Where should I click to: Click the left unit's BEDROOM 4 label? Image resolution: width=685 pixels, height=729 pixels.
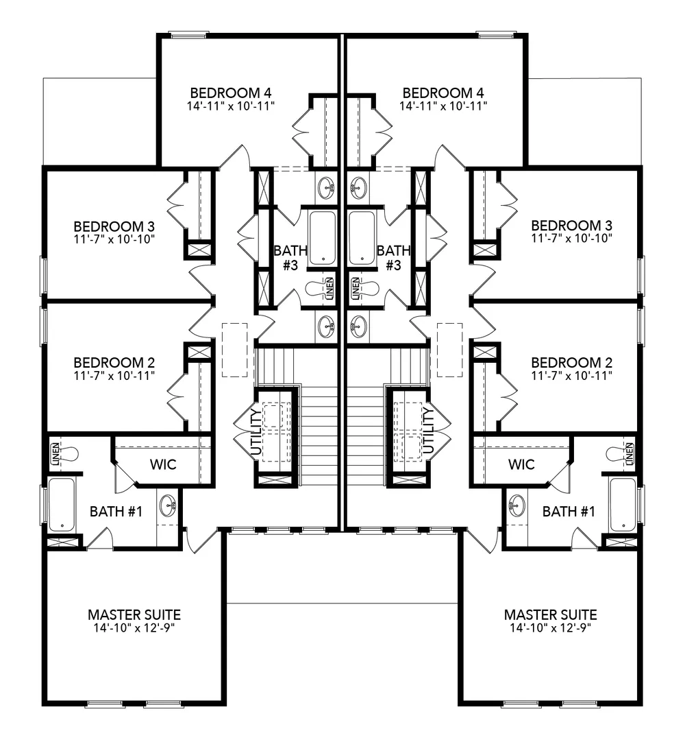coord(231,93)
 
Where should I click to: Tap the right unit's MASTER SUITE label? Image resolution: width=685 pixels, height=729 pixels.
coord(550,614)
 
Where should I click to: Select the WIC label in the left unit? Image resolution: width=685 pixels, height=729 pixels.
coord(163,464)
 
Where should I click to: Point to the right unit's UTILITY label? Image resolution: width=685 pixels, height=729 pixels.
coord(429,430)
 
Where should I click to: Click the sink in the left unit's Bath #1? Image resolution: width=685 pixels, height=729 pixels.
coord(168,505)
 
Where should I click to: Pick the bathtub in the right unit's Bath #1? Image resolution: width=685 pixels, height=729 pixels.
coord(622,504)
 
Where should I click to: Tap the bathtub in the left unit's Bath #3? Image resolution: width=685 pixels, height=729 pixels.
coord(323,238)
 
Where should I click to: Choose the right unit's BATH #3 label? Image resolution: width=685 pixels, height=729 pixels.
coord(393,258)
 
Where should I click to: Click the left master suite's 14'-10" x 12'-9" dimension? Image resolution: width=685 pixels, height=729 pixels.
coord(134,628)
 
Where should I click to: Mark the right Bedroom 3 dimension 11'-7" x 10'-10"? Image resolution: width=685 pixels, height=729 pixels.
coord(572,238)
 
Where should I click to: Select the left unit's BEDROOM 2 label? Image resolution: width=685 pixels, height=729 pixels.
coord(114,362)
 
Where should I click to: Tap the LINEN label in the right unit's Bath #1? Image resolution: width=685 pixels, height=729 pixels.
coord(630,454)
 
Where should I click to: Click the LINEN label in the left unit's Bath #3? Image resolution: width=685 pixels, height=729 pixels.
coord(329,288)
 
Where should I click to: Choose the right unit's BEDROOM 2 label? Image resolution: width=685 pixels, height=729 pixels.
coord(572,362)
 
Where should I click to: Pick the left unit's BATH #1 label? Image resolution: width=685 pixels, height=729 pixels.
coord(116,512)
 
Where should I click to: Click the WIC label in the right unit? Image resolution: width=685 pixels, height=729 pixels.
coord(521,464)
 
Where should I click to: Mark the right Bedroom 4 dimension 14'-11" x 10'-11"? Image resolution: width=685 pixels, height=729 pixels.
coord(443,106)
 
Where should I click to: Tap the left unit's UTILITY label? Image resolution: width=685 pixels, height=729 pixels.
coord(256,431)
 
